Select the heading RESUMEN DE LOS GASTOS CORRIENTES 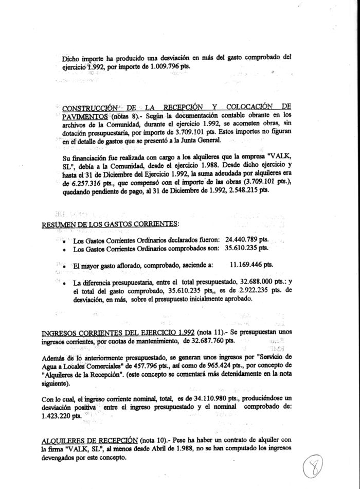(110, 225)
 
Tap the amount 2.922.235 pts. (253, 290)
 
